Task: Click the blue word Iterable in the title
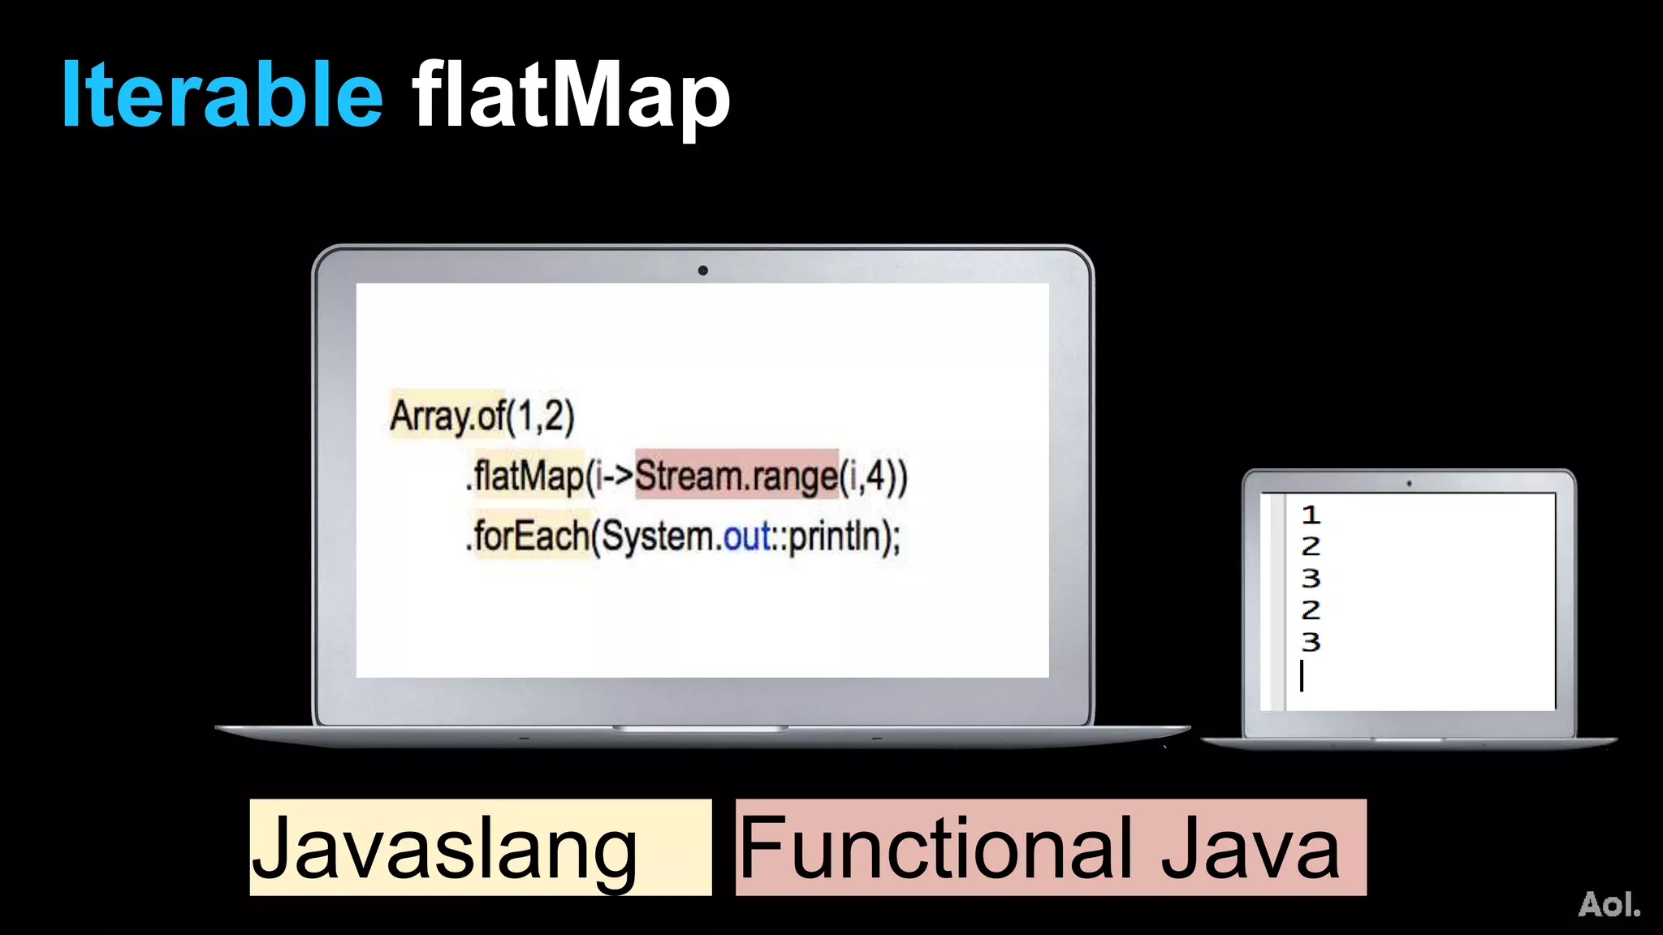pos(222,95)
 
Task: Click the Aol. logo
pos(1609,904)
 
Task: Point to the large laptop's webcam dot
pos(702,270)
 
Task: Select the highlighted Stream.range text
pos(736,474)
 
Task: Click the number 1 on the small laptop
pos(1311,515)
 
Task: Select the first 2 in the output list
pos(1311,546)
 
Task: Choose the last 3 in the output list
pos(1311,642)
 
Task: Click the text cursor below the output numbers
pos(1302,675)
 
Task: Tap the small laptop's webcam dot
pos(1409,484)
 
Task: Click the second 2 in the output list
pos(1311,610)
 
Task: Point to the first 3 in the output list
pos(1311,578)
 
